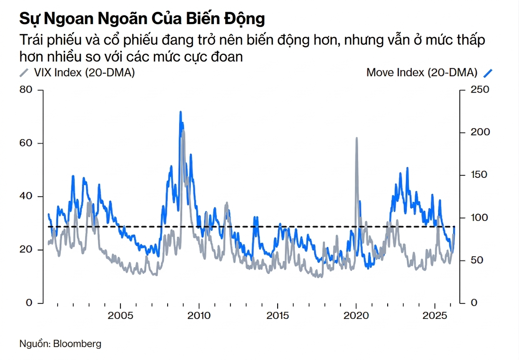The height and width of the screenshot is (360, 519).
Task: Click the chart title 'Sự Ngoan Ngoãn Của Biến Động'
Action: [x=142, y=19]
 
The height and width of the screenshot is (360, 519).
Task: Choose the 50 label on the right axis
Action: [x=475, y=260]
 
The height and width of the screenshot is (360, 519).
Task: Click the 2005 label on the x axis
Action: [x=120, y=315]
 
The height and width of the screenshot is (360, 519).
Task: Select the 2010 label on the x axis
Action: [x=199, y=315]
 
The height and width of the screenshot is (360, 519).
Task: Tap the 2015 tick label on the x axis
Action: [x=278, y=315]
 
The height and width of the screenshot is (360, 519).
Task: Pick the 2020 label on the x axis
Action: [x=356, y=315]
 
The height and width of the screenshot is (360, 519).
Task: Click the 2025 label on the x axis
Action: [x=435, y=315]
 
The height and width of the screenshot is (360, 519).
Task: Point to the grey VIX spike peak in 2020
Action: [x=357, y=138]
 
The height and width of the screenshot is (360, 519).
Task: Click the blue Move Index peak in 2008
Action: [x=181, y=112]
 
